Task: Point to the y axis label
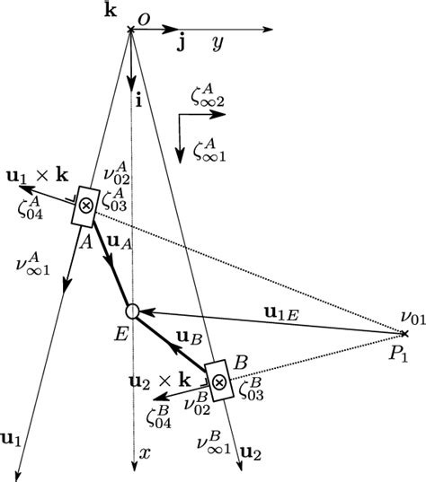point(217,43)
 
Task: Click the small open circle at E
point(131,311)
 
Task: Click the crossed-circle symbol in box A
point(86,205)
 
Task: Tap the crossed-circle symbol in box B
point(217,381)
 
